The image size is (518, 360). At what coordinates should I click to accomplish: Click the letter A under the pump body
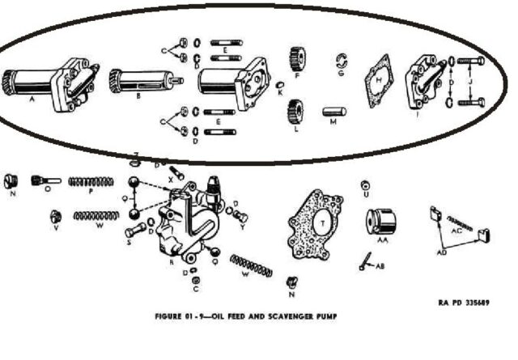click(x=32, y=101)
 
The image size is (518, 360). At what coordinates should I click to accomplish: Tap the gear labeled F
click(x=295, y=60)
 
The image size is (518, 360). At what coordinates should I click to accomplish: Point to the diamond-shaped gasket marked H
click(x=376, y=81)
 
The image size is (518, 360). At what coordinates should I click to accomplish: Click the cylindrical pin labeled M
click(x=333, y=108)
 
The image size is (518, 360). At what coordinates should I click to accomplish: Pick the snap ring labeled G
click(x=342, y=61)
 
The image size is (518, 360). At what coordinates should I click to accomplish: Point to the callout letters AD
click(x=441, y=252)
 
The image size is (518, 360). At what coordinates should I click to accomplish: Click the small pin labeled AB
click(x=366, y=259)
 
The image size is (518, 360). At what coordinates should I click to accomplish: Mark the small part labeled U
click(x=366, y=187)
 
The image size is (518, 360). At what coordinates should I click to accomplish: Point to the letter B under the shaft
click(x=139, y=95)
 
